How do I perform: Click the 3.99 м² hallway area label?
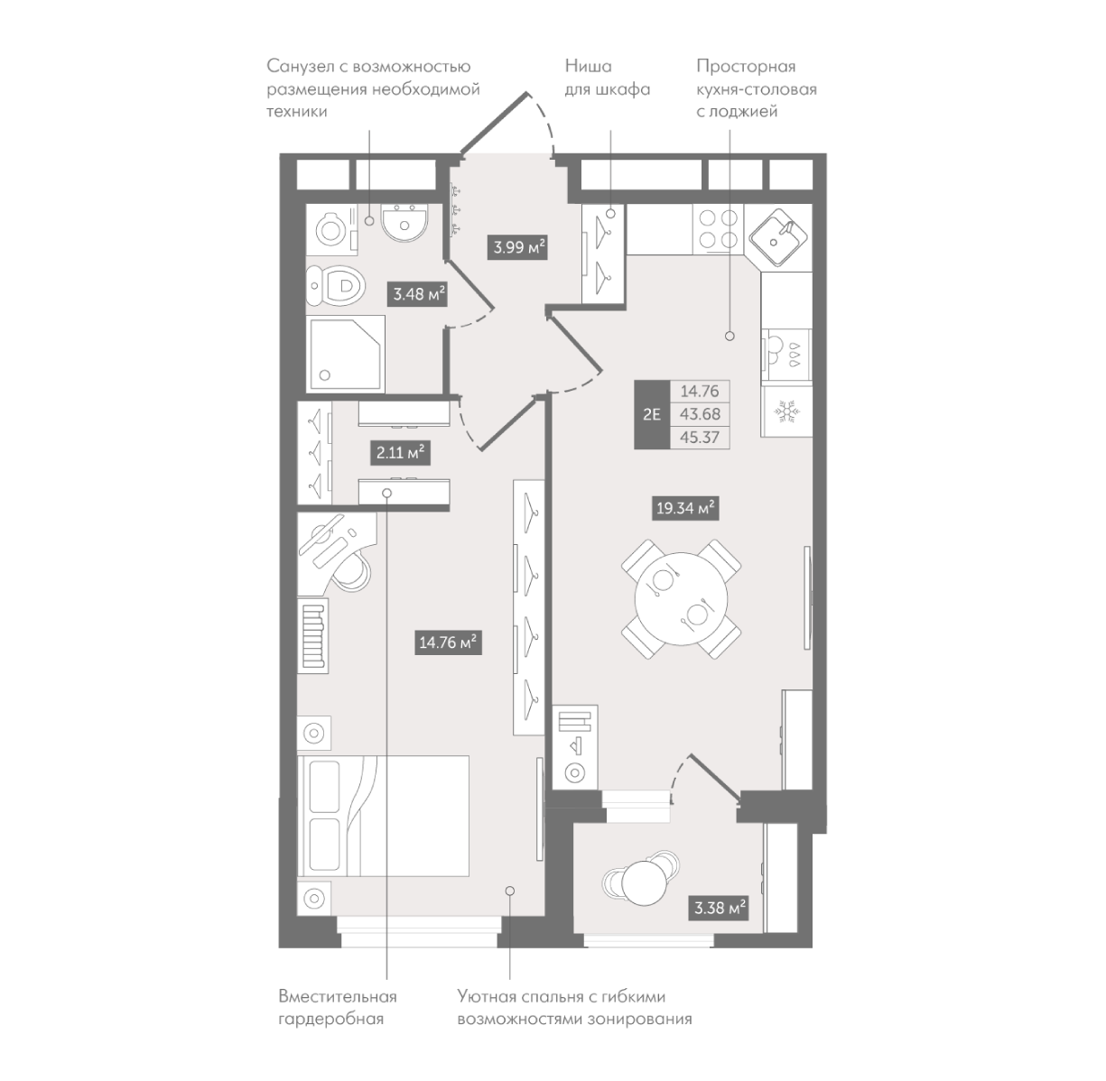click(x=518, y=246)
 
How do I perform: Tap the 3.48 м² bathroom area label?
click(x=418, y=294)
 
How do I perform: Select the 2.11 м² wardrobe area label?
click(x=398, y=451)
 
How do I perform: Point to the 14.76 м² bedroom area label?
click(x=447, y=643)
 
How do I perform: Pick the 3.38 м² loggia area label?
click(x=720, y=908)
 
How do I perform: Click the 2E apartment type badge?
click(x=651, y=415)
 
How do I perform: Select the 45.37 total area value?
click(x=699, y=438)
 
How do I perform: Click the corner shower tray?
click(x=346, y=354)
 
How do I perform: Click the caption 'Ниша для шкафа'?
click(x=607, y=79)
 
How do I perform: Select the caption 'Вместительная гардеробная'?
click(x=338, y=1007)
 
